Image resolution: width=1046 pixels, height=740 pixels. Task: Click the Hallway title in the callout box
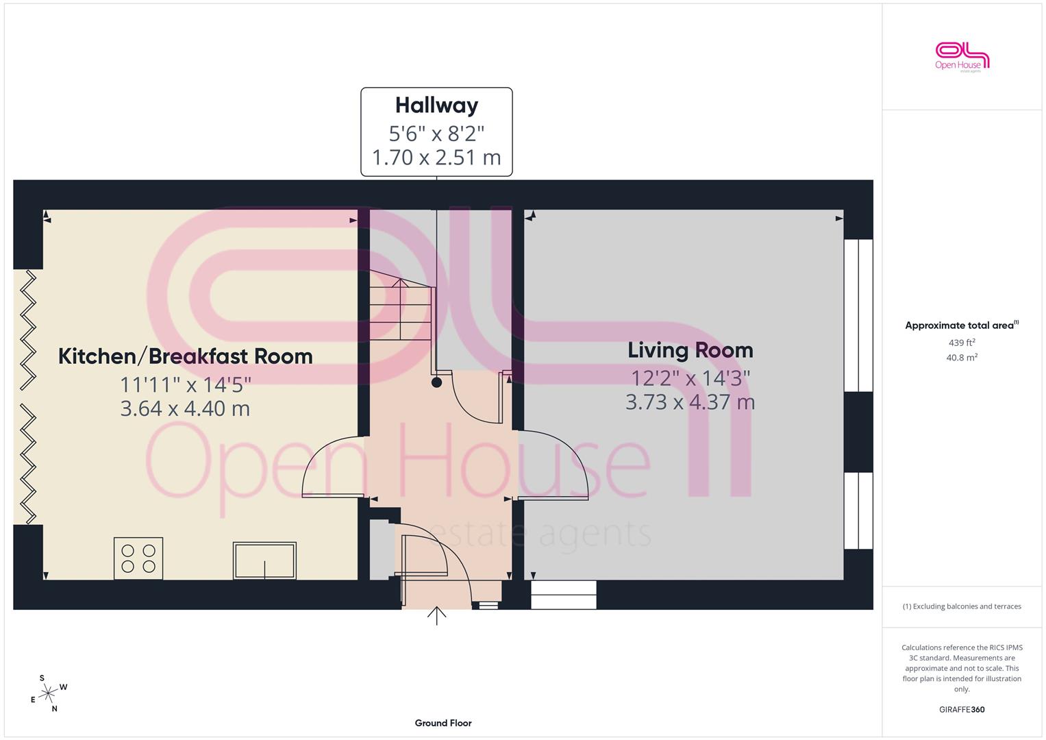(x=436, y=106)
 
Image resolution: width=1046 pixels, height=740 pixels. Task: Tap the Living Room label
(x=690, y=350)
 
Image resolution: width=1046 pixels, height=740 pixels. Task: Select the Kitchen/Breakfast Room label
(x=186, y=356)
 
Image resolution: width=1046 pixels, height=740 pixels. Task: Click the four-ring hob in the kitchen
(x=138, y=558)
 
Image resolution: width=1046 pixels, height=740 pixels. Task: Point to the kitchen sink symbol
(x=264, y=560)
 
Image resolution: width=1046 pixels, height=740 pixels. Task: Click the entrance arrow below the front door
(x=436, y=616)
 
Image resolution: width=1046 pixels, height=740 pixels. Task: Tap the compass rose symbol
(x=49, y=693)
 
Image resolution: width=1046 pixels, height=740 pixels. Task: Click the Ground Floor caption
(x=443, y=723)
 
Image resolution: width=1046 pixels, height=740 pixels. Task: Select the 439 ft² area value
(x=962, y=343)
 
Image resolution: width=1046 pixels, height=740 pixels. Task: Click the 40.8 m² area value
(x=962, y=358)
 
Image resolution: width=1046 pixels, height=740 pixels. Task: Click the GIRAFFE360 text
(x=962, y=710)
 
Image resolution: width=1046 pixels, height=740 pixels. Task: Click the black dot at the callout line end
(x=436, y=382)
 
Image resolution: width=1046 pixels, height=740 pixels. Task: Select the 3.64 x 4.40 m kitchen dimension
(x=186, y=409)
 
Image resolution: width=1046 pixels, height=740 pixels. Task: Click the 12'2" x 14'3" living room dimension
(x=690, y=378)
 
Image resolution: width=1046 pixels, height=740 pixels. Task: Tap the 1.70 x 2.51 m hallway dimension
(x=436, y=158)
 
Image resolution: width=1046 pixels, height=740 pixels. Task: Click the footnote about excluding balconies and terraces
(x=962, y=606)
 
